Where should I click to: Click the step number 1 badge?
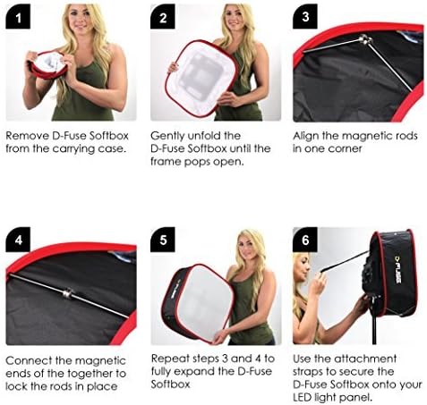click(18, 16)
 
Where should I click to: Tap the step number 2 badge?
click(163, 16)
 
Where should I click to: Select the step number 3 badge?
click(305, 16)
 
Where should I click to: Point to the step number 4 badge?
click(18, 240)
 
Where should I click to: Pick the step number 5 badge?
click(163, 240)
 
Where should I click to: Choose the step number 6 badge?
click(305, 240)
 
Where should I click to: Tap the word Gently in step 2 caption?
click(167, 136)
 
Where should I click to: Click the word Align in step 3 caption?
click(306, 136)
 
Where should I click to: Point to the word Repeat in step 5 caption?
click(170, 359)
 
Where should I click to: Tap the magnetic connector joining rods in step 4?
click(67, 293)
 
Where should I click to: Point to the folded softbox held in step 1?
click(48, 67)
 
